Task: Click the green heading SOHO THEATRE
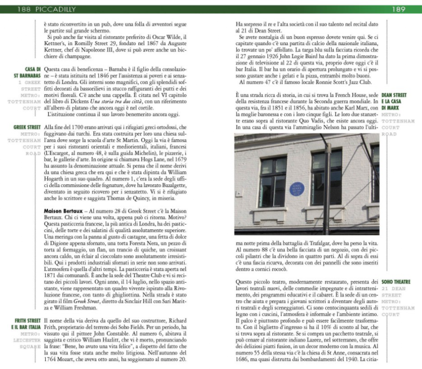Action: (396, 282)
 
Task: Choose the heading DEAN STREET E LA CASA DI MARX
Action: (394, 101)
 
